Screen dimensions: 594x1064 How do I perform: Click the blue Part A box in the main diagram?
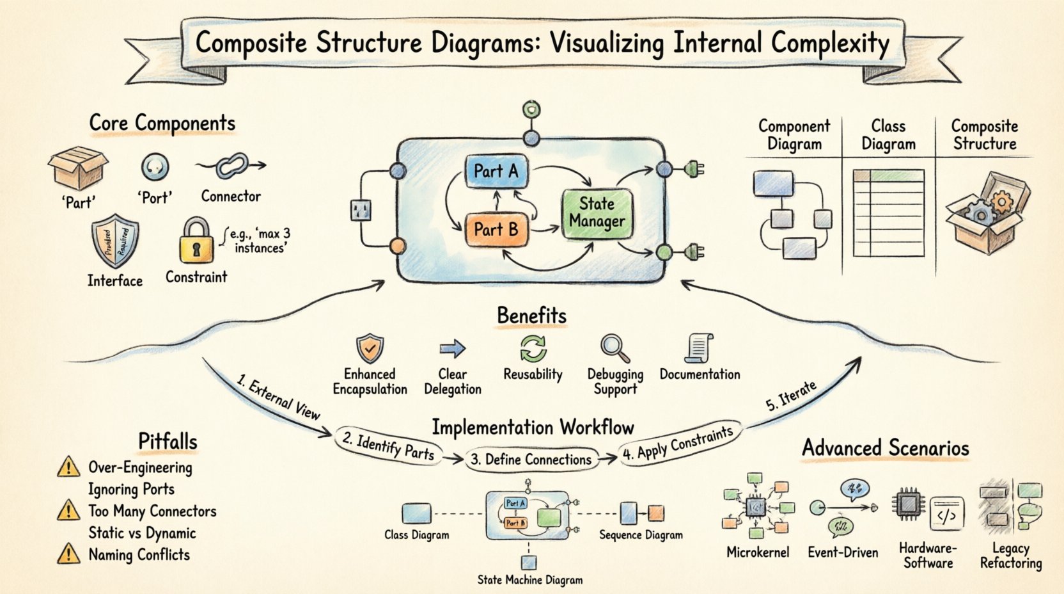coord(496,172)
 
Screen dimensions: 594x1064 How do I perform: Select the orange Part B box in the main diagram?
coord(496,229)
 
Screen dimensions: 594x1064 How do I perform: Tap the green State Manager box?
coord(597,213)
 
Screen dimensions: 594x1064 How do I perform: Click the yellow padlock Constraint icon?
coord(196,241)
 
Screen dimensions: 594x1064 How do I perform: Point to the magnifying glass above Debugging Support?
coord(614,348)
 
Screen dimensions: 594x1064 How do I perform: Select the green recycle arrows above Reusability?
coord(533,348)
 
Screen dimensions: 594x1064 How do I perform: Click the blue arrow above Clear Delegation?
coord(452,349)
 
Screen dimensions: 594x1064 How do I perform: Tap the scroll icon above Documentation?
coord(698,348)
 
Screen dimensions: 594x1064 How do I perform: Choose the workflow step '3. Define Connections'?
coord(531,460)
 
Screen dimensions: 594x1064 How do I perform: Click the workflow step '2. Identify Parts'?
coord(388,445)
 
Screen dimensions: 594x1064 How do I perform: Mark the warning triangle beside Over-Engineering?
coord(68,467)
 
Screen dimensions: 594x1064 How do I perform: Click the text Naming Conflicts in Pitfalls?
coord(139,554)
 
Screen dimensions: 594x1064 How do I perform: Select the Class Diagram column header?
coord(888,135)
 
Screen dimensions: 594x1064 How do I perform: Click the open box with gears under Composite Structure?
coord(987,213)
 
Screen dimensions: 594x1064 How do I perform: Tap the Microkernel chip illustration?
coord(757,507)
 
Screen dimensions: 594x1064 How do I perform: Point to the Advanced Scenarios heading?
coord(885,448)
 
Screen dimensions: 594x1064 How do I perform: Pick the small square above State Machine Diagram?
coord(529,563)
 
